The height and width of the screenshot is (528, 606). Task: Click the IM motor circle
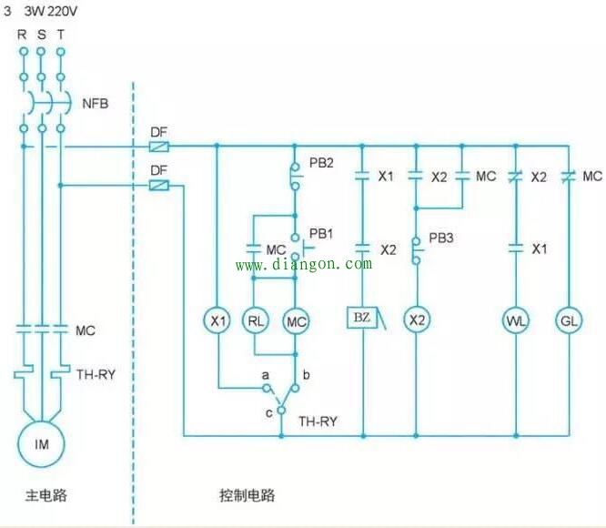click(x=41, y=421)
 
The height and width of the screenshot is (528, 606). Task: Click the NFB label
click(x=95, y=104)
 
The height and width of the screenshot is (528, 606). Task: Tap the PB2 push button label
click(x=321, y=163)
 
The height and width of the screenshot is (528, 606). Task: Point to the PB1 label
click(x=321, y=234)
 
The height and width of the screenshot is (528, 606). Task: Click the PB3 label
click(x=441, y=239)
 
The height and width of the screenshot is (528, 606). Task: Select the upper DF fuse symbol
click(x=159, y=147)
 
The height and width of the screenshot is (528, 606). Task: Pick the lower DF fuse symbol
click(x=159, y=186)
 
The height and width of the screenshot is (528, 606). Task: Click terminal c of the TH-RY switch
click(x=281, y=410)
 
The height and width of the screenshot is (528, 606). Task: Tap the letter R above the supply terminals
click(x=22, y=35)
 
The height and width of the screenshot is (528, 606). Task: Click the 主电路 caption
click(x=46, y=495)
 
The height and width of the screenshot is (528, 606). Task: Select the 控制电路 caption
click(x=247, y=495)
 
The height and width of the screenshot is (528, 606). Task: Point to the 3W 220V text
click(x=51, y=11)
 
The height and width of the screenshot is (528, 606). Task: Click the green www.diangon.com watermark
click(x=304, y=264)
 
